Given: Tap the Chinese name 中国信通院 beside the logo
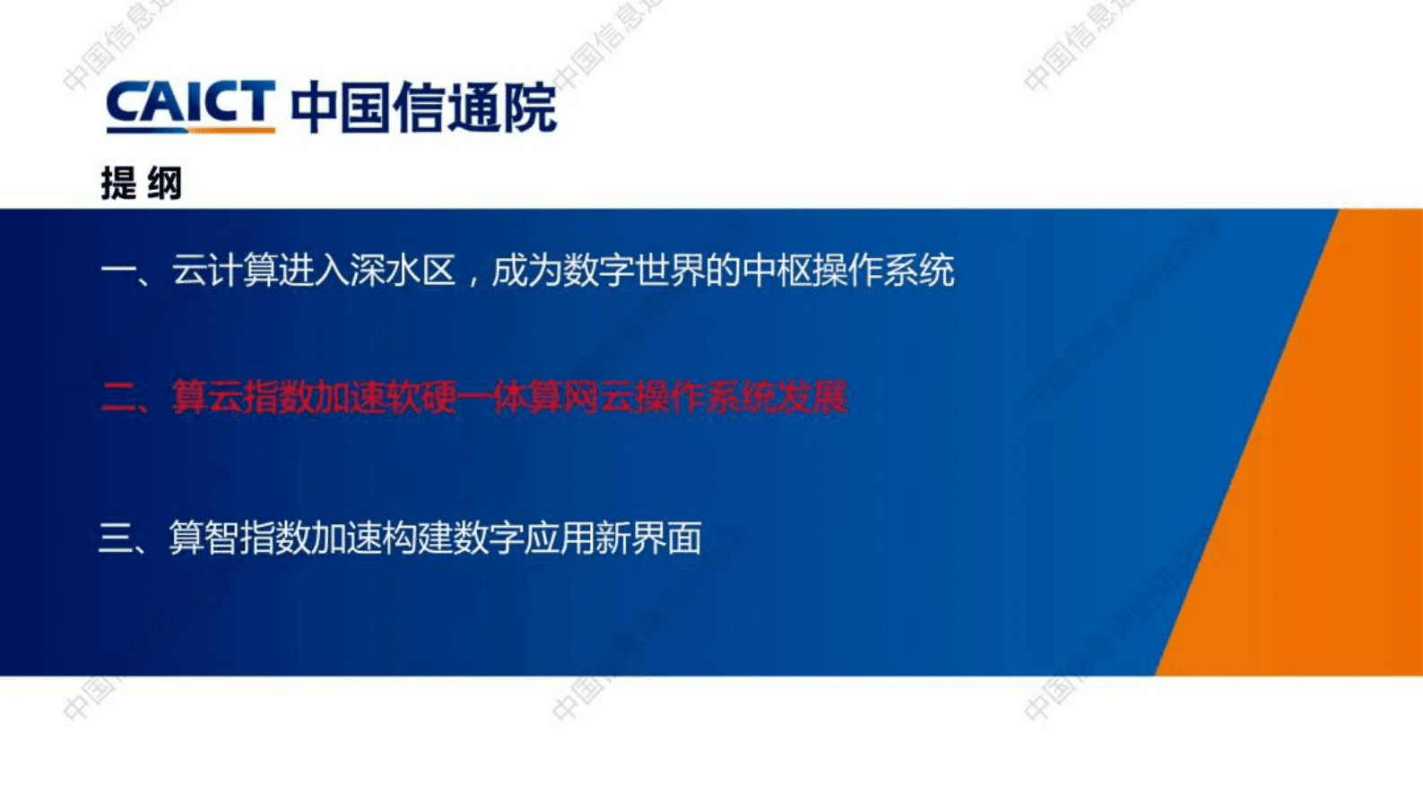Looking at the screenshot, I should pyautogui.click(x=423, y=108).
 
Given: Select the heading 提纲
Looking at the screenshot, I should pyautogui.click(x=141, y=184).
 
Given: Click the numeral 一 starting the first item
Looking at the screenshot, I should pyautogui.click(x=117, y=271).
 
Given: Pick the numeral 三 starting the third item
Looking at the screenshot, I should pyautogui.click(x=116, y=538).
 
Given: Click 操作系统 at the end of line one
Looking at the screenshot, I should pyautogui.click(x=883, y=271).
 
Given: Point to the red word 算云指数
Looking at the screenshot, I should pyautogui.click(x=242, y=398).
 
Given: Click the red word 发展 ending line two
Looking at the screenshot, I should pyautogui.click(x=811, y=398).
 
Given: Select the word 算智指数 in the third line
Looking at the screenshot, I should pyautogui.click(x=239, y=538).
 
